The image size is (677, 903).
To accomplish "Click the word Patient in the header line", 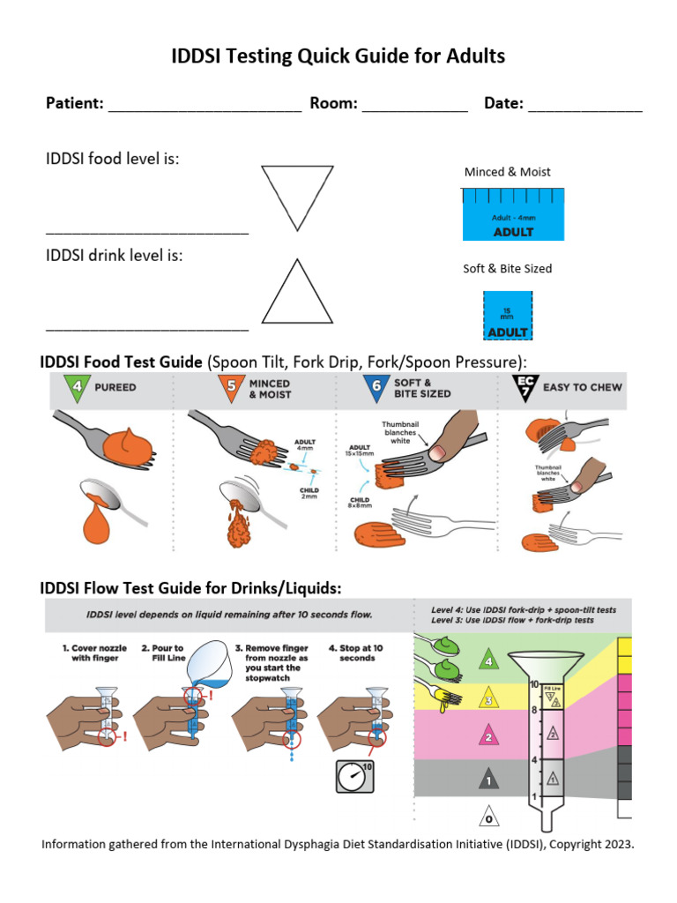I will [x=74, y=103].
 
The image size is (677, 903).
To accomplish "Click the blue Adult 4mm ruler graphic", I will [x=513, y=214].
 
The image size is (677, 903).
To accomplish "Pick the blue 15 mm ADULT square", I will [x=508, y=315].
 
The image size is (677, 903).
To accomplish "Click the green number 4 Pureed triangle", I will [x=77, y=386].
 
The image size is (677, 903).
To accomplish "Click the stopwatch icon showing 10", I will [x=354, y=776].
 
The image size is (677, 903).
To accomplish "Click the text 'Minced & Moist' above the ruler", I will [x=507, y=172].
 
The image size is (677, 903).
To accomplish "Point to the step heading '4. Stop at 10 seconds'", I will [x=357, y=653].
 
